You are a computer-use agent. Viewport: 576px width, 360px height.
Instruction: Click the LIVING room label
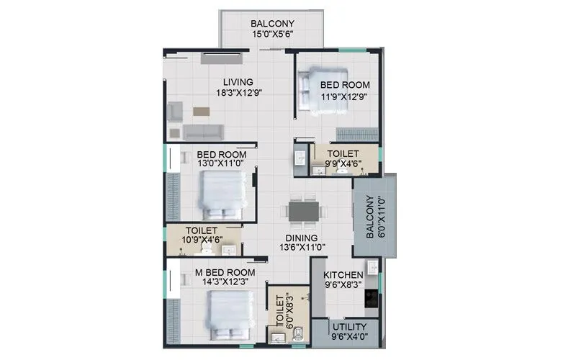click(x=237, y=81)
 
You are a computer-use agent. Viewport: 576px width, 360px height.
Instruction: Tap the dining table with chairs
click(x=304, y=211)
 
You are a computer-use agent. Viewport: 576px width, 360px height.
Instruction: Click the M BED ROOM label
click(x=226, y=272)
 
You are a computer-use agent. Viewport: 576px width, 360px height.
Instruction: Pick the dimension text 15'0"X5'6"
click(x=271, y=34)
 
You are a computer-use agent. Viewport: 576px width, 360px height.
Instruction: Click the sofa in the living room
click(x=201, y=132)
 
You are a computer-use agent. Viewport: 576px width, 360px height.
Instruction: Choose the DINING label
click(x=301, y=237)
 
